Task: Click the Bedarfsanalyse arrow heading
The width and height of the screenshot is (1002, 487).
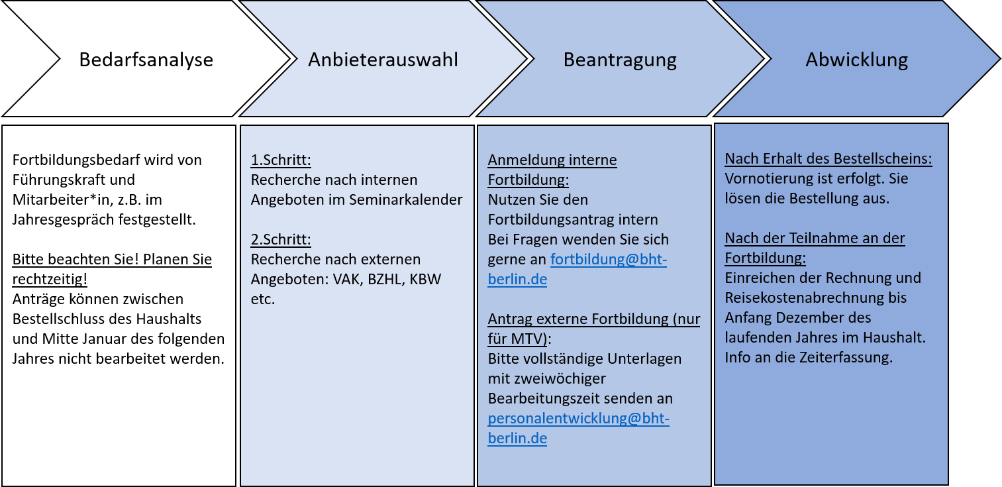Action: (x=146, y=60)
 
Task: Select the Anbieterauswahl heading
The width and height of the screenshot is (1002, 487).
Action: (x=383, y=60)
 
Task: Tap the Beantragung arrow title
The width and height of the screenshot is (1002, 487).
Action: (x=619, y=60)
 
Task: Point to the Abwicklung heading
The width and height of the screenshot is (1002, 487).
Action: (x=856, y=60)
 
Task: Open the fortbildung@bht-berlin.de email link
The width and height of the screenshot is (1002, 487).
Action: (x=577, y=269)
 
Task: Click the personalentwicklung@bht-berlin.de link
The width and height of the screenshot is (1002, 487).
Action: (x=578, y=428)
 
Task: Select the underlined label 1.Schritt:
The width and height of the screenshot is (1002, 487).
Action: (x=281, y=160)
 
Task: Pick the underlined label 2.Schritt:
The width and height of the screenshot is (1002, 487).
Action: (x=281, y=239)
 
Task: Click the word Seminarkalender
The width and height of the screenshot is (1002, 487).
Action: (x=406, y=199)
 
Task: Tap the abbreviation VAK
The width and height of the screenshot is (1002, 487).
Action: (x=346, y=280)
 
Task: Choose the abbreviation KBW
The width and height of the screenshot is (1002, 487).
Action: (x=425, y=280)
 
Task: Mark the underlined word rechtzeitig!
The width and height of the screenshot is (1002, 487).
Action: (x=50, y=280)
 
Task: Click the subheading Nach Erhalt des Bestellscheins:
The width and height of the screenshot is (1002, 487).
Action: (x=828, y=159)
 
